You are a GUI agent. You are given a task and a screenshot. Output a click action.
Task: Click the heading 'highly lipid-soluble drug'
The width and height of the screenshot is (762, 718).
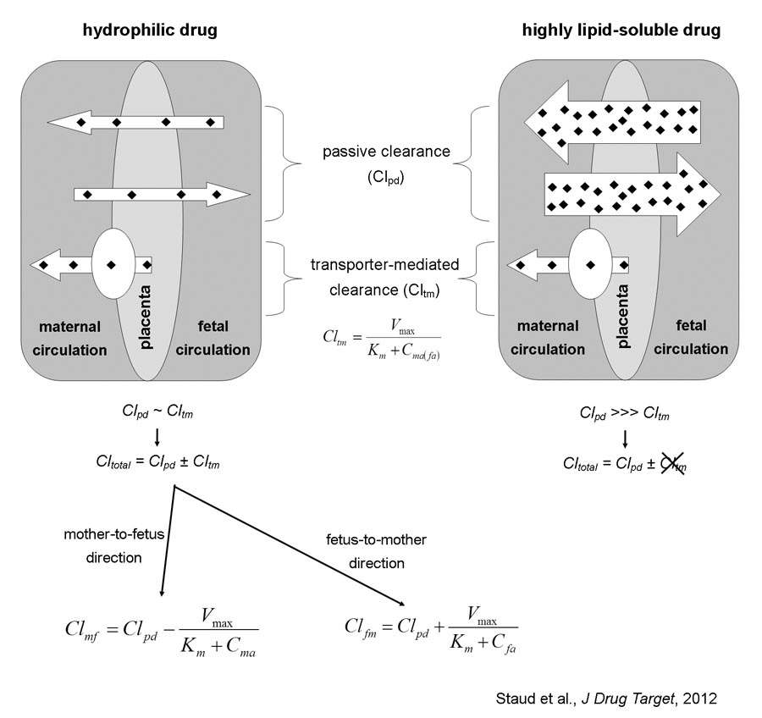click(621, 31)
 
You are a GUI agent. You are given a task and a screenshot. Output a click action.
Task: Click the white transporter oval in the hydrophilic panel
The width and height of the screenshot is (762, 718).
click(113, 265)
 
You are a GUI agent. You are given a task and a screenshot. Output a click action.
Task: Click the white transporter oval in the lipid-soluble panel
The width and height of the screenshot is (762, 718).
click(589, 265)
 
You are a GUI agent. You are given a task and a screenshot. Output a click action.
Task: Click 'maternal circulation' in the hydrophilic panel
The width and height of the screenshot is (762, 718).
click(69, 338)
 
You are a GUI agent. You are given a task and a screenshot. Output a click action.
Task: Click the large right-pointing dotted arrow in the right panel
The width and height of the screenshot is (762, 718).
click(631, 195)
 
